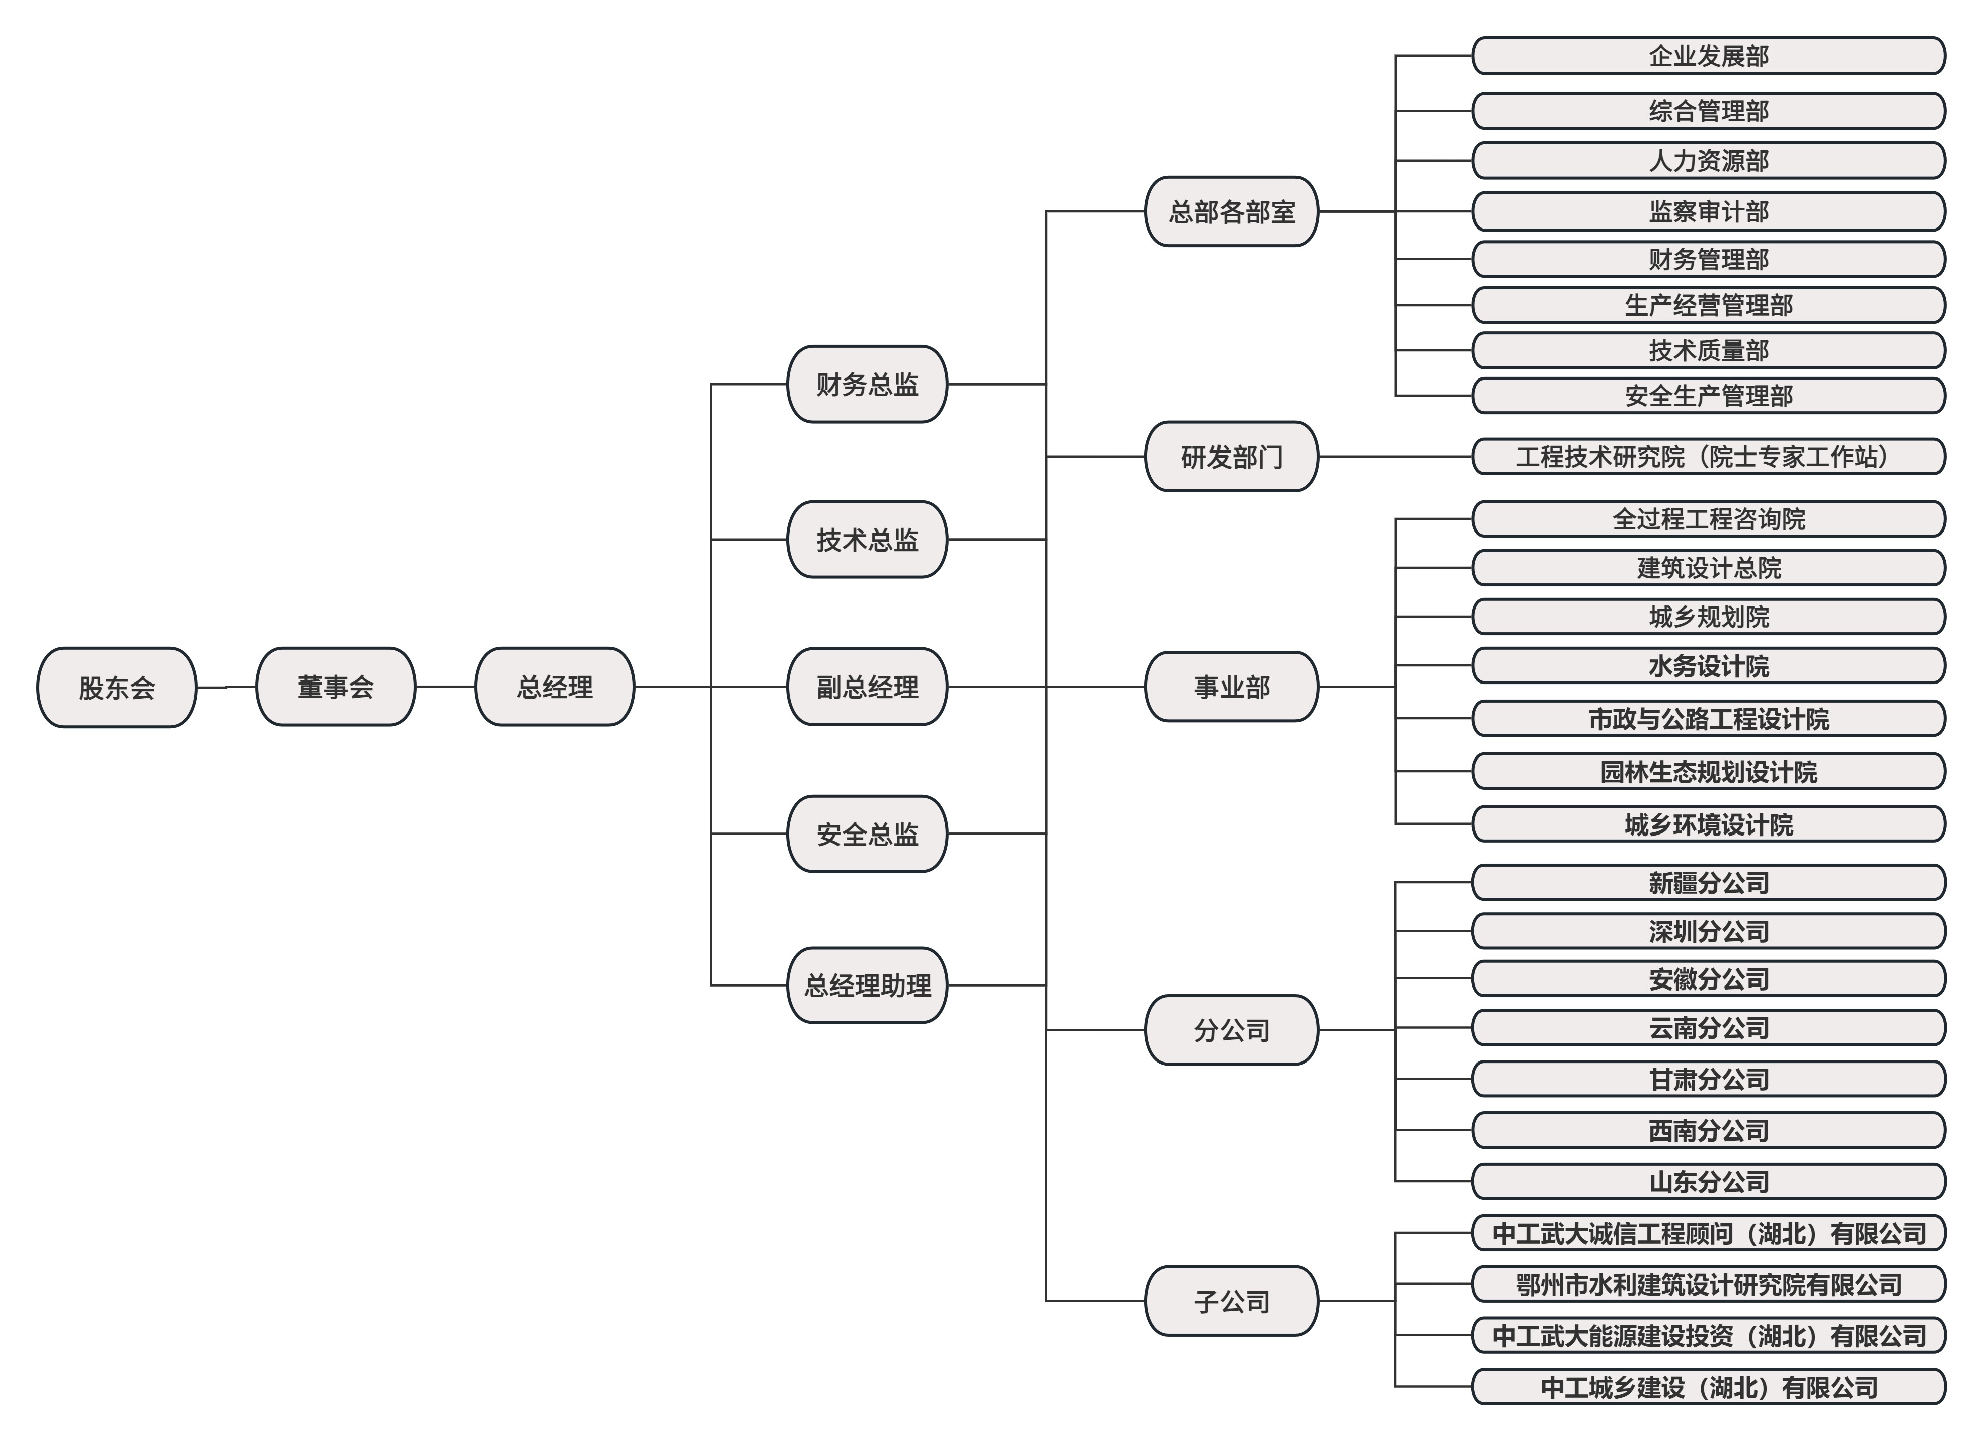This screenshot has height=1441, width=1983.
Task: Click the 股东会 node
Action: coord(116,687)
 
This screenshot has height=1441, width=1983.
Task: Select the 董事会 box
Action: coord(335,687)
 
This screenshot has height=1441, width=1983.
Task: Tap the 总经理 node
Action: coord(554,687)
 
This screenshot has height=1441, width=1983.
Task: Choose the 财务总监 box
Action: coord(867,384)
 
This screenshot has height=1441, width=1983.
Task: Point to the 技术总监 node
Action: coord(867,540)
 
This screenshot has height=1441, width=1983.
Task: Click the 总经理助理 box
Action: coord(867,985)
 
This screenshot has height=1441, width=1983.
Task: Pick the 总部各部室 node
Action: coord(1231,211)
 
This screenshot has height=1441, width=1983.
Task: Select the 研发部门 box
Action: coord(1231,457)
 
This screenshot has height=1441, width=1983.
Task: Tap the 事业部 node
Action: coord(1231,687)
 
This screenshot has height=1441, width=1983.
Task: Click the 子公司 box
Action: coord(1231,1301)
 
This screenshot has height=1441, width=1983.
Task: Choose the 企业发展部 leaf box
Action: coord(1709,56)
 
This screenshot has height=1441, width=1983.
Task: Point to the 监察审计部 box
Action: coord(1709,211)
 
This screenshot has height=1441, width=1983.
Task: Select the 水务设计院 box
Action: coord(1709,666)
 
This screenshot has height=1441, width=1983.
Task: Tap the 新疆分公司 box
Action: coord(1709,882)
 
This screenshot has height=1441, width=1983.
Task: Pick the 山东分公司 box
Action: coord(1709,1181)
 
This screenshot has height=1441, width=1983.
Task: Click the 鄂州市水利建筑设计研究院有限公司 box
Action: coord(1709,1284)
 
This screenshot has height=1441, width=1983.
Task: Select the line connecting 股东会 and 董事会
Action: coord(225,687)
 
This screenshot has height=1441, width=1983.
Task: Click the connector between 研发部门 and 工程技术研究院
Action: coord(1395,457)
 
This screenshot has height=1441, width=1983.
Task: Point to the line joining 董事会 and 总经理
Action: coord(445,687)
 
